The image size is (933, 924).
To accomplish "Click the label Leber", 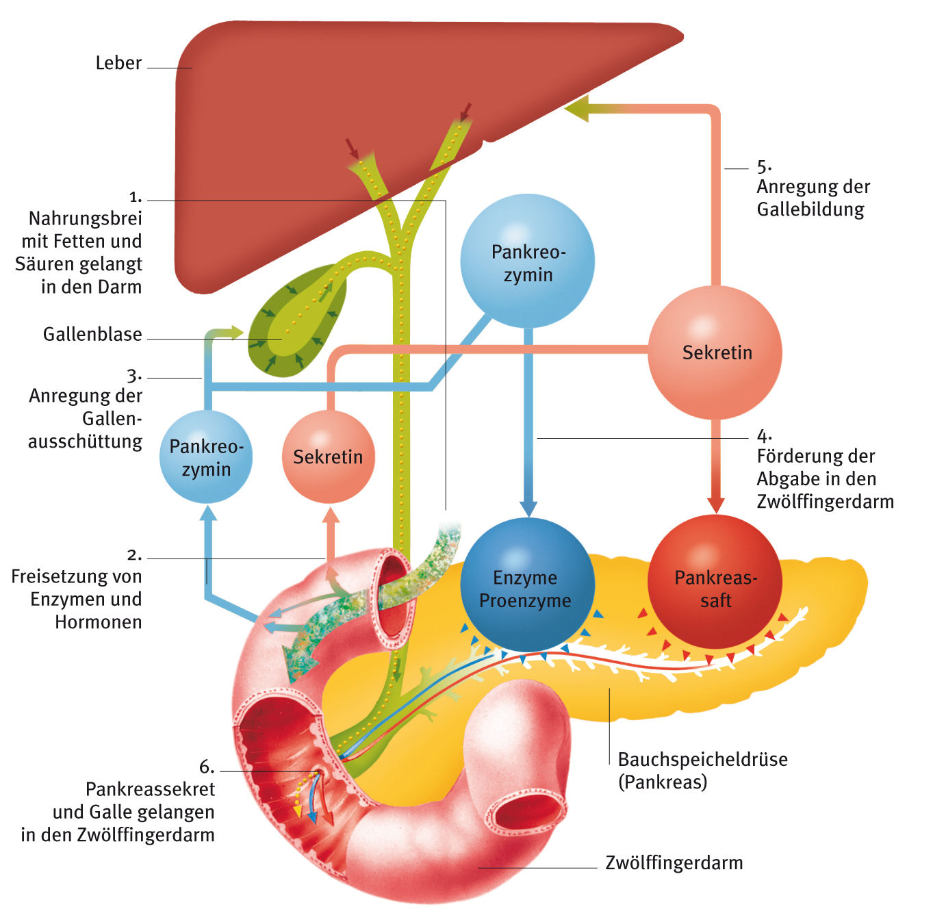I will [118, 63].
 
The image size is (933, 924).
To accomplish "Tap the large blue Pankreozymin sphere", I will [527, 261].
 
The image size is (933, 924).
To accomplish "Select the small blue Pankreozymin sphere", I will [206, 457].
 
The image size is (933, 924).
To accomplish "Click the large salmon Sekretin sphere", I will [715, 352].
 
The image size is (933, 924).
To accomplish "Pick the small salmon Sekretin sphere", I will [329, 457].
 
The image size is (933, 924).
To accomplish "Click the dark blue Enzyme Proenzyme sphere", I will [526, 586].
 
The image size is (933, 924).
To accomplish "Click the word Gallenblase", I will [92, 335].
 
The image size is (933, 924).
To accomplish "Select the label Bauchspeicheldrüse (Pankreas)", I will [702, 770].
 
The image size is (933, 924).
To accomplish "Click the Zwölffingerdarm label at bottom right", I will [674, 862].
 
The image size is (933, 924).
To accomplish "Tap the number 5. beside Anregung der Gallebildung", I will [764, 166].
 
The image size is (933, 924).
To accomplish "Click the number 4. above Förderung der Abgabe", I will [764, 435].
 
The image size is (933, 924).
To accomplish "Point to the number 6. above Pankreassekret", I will [206, 767].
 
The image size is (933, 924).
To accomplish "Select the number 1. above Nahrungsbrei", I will [136, 197].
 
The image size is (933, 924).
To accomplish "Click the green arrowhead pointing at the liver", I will [577, 110].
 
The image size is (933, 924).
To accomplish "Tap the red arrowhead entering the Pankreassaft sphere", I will [716, 504].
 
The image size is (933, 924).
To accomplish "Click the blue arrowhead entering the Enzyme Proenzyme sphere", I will [528, 507].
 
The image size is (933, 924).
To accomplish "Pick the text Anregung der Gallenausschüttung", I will [86, 418].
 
